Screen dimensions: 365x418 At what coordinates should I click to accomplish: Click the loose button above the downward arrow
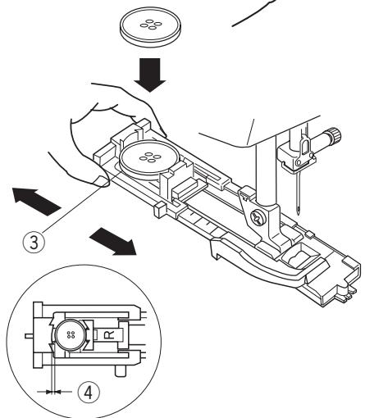click(150, 27)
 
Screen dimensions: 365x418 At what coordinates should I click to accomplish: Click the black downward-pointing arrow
click(150, 75)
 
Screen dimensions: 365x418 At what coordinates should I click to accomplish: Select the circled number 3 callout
click(34, 242)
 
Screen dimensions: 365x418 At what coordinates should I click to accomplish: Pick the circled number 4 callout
click(89, 393)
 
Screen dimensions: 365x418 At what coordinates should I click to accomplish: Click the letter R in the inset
click(110, 334)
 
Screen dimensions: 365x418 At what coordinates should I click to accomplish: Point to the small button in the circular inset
click(71, 335)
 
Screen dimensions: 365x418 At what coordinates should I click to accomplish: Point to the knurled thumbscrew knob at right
click(335, 134)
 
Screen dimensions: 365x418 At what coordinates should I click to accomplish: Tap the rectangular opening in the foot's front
click(300, 255)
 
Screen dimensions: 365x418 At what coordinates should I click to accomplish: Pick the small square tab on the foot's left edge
click(158, 210)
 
